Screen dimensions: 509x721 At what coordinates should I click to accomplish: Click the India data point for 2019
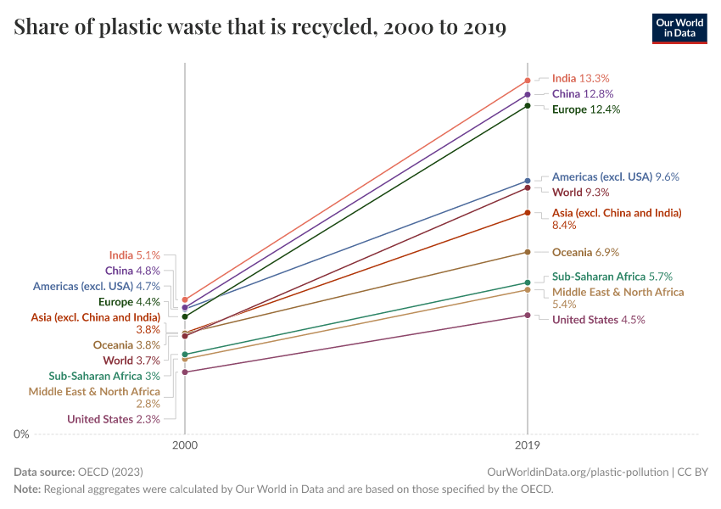[528, 81]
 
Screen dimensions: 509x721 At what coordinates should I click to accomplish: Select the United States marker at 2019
[528, 316]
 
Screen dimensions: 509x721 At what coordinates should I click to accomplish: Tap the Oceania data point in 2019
[528, 252]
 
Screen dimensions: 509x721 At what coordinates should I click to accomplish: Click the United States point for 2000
[185, 372]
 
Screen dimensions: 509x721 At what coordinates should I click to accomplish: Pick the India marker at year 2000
[185, 299]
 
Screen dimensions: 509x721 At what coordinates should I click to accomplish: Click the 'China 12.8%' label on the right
[582, 93]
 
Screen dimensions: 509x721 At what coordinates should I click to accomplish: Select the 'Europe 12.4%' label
[586, 109]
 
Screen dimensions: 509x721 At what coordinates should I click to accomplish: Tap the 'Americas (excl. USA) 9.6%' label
[615, 176]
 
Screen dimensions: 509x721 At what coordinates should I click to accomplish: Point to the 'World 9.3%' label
[580, 193]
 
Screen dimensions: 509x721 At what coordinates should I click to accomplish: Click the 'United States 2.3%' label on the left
[113, 419]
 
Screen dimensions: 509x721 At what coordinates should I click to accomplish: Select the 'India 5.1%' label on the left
[134, 255]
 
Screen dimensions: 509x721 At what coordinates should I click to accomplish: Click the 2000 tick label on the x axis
[185, 445]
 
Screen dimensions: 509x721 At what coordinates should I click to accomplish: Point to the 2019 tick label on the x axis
[528, 445]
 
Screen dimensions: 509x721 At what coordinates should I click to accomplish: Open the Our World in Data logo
[679, 28]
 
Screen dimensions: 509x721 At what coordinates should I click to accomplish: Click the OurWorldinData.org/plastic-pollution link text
[578, 472]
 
